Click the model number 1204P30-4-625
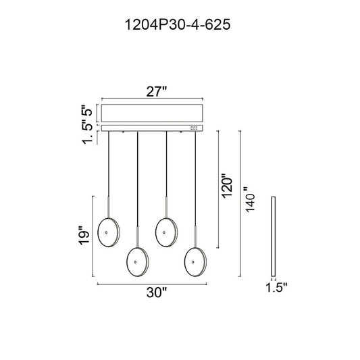(x=177, y=24)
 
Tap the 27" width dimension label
(x=156, y=92)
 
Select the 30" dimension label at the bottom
(x=157, y=292)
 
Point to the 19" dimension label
(x=84, y=235)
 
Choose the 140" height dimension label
(x=249, y=199)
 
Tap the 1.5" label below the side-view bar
(x=276, y=287)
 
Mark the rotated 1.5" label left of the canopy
(x=87, y=134)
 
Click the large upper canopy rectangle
(x=152, y=113)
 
